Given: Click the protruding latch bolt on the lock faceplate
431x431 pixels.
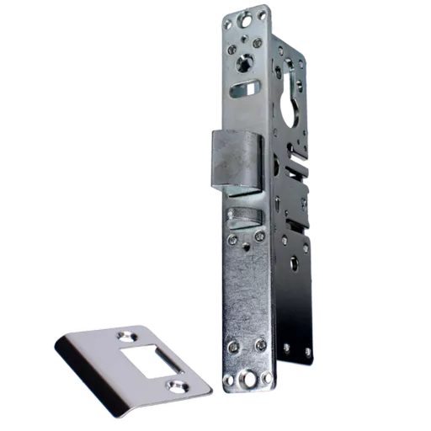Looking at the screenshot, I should (x=239, y=162).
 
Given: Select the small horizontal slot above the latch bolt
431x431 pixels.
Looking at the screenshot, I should (x=249, y=88).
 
